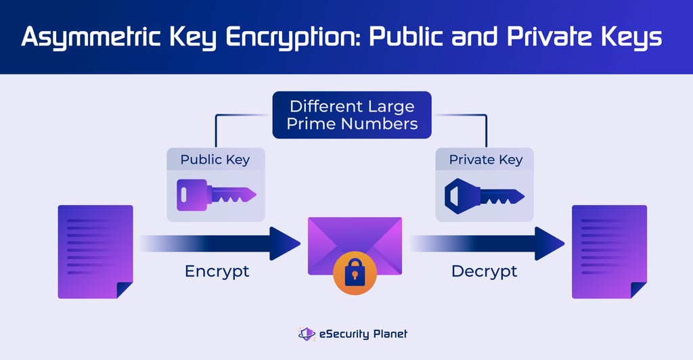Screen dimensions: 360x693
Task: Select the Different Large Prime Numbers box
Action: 351,115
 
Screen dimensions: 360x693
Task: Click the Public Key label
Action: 215,160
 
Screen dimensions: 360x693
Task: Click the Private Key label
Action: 485,160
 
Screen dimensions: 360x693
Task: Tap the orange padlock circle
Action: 354,274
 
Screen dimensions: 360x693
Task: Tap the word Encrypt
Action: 217,272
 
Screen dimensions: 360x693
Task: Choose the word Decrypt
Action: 484,272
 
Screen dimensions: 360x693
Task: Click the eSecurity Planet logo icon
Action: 307,334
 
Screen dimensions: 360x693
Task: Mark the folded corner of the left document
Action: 125,290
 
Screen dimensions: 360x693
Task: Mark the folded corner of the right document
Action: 638,290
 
